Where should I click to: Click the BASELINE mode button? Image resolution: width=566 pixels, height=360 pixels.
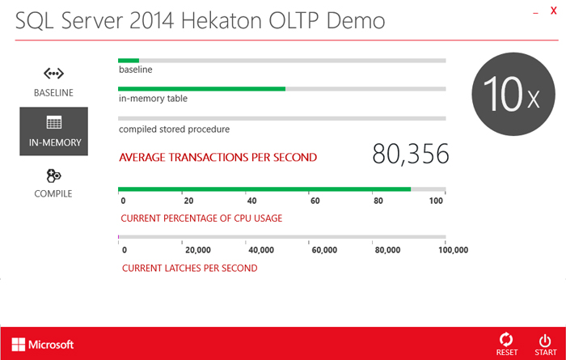coord(53,83)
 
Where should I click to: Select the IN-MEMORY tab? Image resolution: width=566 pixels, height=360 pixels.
coord(54,131)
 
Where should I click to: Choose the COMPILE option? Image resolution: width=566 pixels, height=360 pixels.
coord(53,184)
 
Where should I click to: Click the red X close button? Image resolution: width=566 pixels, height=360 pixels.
coord(553,11)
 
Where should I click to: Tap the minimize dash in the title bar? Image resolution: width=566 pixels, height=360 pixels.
coord(535,14)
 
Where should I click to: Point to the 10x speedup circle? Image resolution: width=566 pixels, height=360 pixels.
coord(513,94)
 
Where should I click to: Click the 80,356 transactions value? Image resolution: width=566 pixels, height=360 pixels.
coord(411,155)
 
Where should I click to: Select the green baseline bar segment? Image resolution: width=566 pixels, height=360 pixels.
coord(129,61)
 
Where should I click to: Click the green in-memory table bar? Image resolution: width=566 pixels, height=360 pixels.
coord(202,89)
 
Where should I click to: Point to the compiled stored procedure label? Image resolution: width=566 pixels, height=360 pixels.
coord(174,129)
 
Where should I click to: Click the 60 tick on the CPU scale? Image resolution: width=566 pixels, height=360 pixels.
coord(315,201)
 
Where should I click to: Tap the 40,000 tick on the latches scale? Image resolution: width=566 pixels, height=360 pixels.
coord(261,250)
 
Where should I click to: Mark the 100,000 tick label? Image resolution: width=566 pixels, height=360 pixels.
coord(453,250)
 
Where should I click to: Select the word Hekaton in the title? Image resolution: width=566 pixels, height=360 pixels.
coord(222,20)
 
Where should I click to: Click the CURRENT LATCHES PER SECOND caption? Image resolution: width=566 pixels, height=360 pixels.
coord(189,269)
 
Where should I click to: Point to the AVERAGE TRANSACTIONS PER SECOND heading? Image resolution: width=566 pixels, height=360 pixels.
coord(218,158)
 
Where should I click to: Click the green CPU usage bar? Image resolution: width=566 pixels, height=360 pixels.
coord(264,189)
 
